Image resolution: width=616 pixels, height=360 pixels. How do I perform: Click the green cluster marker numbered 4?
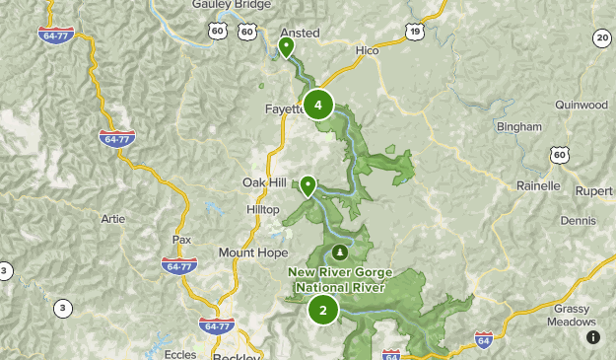pos(317,104)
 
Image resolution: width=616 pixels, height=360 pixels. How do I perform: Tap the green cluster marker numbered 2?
pos(322,310)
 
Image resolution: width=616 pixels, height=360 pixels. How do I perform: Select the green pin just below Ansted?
pos(287,47)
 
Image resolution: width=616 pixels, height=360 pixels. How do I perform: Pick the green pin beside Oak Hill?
pos(308,185)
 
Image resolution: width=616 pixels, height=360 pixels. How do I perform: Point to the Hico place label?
pos(368,48)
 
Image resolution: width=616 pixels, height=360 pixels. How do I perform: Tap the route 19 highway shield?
pos(415,33)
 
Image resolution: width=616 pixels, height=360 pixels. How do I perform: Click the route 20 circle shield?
pos(602,38)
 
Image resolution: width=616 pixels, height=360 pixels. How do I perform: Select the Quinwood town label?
pos(582,105)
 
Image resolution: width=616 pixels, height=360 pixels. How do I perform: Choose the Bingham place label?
pos(519,126)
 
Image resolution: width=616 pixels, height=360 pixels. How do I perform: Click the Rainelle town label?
pos(538,185)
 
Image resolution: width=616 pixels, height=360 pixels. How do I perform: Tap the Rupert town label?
pos(594,190)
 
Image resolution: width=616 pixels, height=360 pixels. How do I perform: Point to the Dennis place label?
pos(580,221)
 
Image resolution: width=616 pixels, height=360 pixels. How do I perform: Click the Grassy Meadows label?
pos(575,315)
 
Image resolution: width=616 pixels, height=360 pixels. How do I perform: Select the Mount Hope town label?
pos(253,252)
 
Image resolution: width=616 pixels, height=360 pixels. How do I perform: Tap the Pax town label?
pos(181,240)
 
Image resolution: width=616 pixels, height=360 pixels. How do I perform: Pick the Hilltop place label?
pos(263,210)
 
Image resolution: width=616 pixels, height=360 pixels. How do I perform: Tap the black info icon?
pos(593,336)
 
